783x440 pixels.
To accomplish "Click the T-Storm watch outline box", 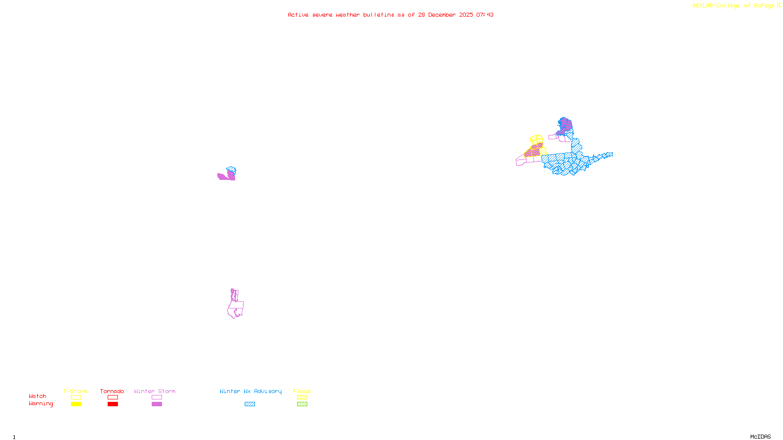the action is (x=76, y=397).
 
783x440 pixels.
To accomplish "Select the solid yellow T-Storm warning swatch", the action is (x=76, y=404).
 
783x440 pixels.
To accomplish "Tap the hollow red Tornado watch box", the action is (x=113, y=397).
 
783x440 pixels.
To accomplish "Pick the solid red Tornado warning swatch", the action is (x=113, y=404).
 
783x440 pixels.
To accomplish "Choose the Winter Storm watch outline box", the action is (x=157, y=397).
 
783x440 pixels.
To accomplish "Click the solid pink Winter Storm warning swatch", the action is (x=157, y=404).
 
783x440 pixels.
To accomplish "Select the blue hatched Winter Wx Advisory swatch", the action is (x=250, y=404).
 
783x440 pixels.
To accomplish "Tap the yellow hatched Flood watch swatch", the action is (x=302, y=397).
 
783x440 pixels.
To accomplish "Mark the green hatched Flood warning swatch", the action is (x=302, y=404).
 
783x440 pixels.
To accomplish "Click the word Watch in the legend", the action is (x=38, y=396).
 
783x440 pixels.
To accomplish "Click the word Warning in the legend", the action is (x=41, y=404).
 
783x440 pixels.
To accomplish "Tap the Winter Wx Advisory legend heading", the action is (x=251, y=391).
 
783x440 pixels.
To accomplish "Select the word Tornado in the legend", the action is (x=112, y=391).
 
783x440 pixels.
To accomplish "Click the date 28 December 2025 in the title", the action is (x=445, y=15).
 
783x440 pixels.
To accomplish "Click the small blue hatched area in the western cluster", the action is (x=232, y=170).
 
